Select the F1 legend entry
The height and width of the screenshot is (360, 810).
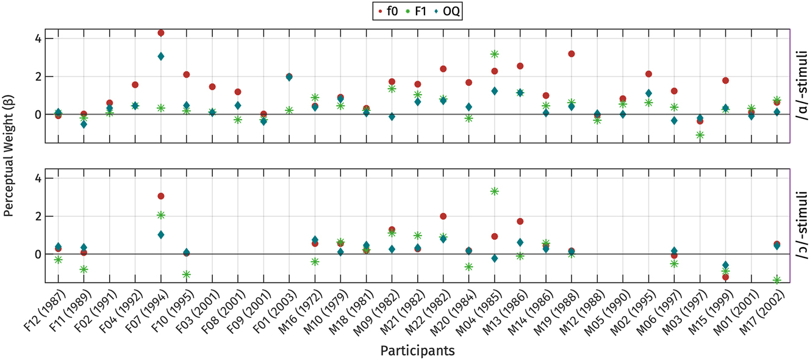point(421,11)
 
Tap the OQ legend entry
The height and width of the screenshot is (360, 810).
point(451,11)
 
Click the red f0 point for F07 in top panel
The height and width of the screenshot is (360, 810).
point(160,33)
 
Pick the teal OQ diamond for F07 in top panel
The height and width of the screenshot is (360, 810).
point(160,56)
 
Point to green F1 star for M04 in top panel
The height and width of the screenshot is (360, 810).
point(495,54)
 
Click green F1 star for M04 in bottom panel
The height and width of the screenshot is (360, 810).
point(495,191)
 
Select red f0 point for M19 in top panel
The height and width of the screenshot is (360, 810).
point(572,54)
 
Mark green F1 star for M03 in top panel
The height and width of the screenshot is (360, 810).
point(700,135)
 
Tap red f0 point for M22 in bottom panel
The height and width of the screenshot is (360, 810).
point(443,216)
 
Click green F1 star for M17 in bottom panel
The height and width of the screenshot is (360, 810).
point(776,279)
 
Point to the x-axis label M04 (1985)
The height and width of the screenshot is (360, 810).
point(482,312)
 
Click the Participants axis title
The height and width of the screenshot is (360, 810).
point(417,351)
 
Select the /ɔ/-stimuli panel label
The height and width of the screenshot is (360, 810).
point(801,225)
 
